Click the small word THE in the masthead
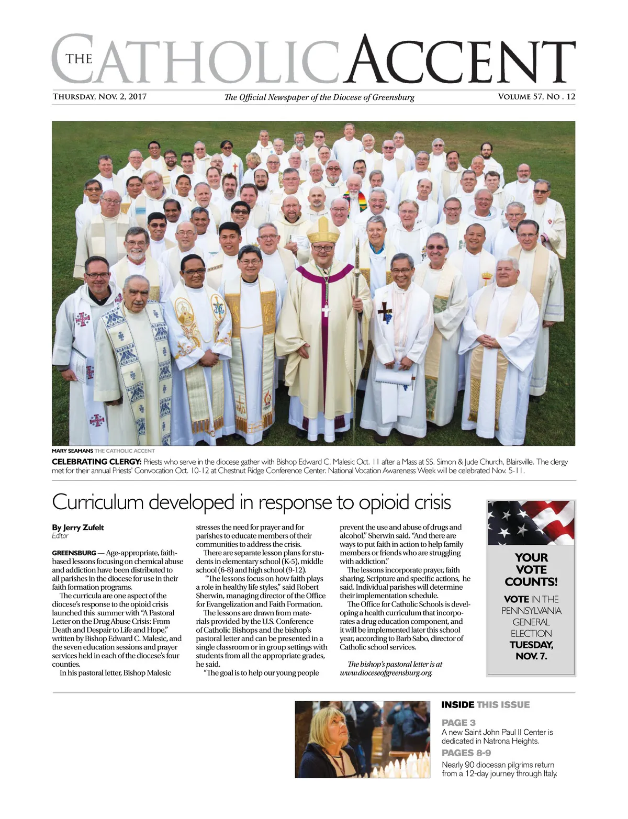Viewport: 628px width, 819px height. [79, 59]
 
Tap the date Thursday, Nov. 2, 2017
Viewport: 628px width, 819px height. [99, 97]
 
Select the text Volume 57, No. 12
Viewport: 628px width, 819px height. [536, 97]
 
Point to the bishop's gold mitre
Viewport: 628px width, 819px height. [323, 230]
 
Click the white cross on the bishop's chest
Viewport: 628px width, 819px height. [325, 310]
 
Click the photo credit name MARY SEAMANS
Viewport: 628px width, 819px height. [72, 451]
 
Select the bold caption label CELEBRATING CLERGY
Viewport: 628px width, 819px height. [96, 462]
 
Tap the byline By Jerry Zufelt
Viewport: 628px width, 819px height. [78, 528]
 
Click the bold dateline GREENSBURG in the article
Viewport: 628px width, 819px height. [74, 553]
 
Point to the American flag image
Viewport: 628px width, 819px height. [531, 523]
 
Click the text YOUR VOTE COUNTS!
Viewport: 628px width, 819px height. [531, 569]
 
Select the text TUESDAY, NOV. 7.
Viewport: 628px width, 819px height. [531, 650]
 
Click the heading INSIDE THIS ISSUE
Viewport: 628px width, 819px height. [485, 705]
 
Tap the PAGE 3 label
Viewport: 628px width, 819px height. [458, 723]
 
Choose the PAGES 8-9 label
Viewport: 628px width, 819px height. [466, 753]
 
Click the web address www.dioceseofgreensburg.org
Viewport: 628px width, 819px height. [386, 673]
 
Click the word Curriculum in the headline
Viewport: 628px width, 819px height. [97, 502]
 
